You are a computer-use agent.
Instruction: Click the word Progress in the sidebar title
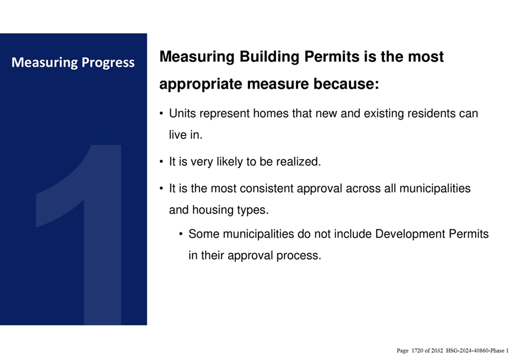[x=108, y=63]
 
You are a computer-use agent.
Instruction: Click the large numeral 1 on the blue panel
[x=79, y=235]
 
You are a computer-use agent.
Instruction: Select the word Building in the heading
[x=269, y=57]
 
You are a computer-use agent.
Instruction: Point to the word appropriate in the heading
[x=201, y=84]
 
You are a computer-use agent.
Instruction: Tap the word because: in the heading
[x=346, y=84]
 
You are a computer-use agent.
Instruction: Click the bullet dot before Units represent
[x=161, y=114]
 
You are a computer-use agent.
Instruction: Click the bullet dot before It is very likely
[x=161, y=162]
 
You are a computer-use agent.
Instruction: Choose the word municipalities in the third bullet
[x=435, y=189]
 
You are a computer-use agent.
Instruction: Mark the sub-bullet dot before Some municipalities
[x=181, y=235]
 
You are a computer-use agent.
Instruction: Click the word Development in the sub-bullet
[x=410, y=235]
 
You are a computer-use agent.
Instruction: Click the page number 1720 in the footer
[x=418, y=351]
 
